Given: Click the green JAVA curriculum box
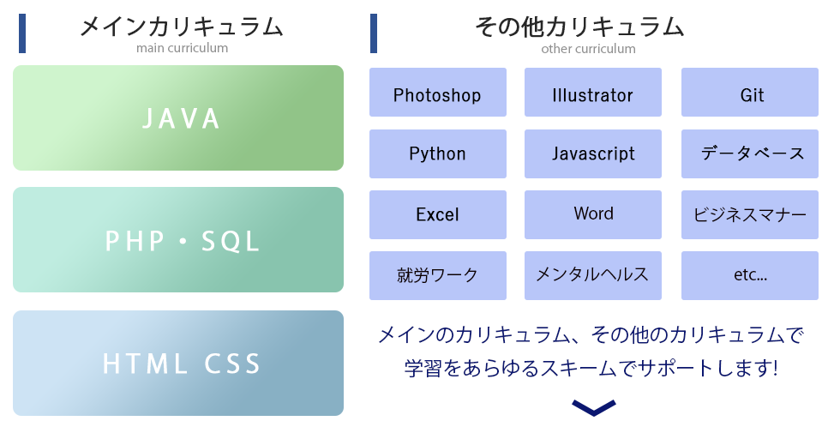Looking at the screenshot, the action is click(x=178, y=118).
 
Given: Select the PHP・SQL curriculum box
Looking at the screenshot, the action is click(x=178, y=240).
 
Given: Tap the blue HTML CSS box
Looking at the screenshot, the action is click(x=178, y=364).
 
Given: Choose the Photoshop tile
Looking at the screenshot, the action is click(x=438, y=92).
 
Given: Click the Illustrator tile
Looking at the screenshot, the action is click(x=593, y=92).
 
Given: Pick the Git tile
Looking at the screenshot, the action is click(x=750, y=92).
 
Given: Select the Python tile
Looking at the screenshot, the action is click(x=438, y=153).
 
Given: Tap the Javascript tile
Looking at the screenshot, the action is click(x=593, y=153).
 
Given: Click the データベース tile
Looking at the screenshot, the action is click(x=750, y=153).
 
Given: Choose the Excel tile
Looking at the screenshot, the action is click(x=438, y=215).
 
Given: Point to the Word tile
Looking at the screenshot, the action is click(x=593, y=215).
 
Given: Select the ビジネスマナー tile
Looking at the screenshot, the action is click(x=750, y=215).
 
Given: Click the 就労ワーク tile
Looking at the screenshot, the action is click(x=438, y=275).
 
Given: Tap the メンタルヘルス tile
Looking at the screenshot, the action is click(x=593, y=275).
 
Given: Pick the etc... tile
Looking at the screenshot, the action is click(x=750, y=275).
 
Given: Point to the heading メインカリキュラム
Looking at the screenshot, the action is click(x=182, y=27).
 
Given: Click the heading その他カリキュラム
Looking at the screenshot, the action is click(x=579, y=27).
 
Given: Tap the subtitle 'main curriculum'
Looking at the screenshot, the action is click(x=182, y=48).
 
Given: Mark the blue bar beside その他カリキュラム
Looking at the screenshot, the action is click(x=374, y=33).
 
